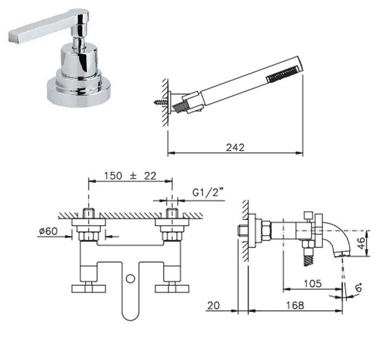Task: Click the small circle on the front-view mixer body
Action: (130, 280)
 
